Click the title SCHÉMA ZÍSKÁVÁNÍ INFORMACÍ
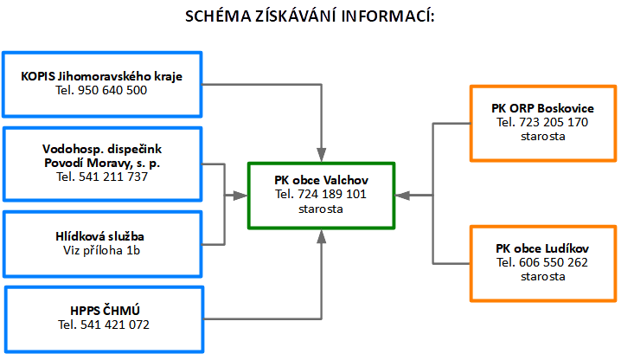click(x=310, y=16)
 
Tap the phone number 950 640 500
click(x=112, y=90)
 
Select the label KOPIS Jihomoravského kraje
click(x=102, y=76)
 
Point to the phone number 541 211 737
click(x=113, y=177)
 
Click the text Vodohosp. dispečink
click(x=102, y=149)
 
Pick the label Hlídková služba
click(x=99, y=236)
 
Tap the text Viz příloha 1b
click(x=102, y=251)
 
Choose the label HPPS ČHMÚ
click(x=105, y=310)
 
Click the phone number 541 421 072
click(x=115, y=325)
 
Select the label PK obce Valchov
click(x=321, y=180)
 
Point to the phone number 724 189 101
click(x=332, y=194)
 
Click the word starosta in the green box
click(x=321, y=209)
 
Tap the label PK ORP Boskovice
click(x=542, y=108)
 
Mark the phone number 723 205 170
click(x=554, y=122)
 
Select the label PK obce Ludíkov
click(x=542, y=248)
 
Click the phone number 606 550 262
click(x=554, y=262)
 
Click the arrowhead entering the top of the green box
click(x=322, y=155)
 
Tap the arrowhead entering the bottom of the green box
click(x=322, y=236)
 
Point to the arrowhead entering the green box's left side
click(x=240, y=196)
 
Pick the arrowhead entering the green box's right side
click(x=403, y=195)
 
